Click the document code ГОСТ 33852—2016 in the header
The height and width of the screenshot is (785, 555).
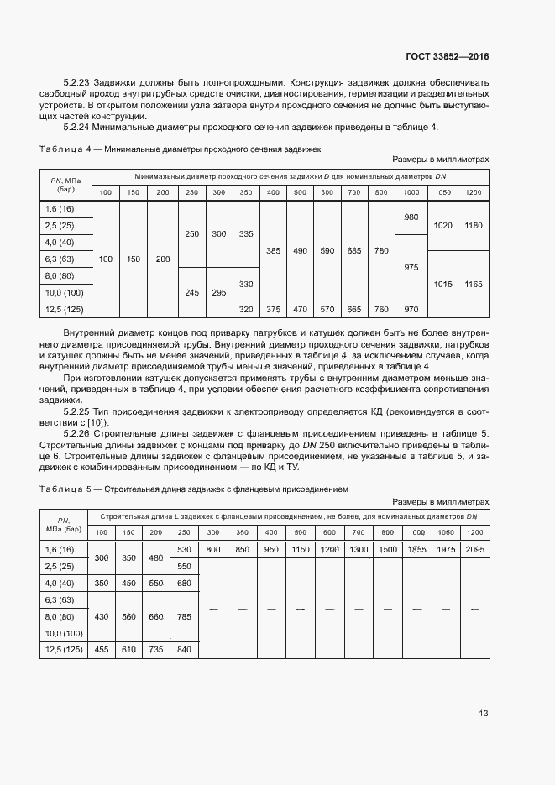coord(447,57)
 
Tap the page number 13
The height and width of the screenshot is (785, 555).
coord(484,713)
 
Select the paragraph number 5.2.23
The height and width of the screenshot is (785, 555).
coord(78,82)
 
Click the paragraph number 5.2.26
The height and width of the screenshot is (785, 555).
coord(78,433)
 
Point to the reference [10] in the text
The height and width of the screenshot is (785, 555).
coord(98,422)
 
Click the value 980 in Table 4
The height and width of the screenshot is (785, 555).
coord(411,217)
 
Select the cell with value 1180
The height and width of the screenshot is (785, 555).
coord(473,226)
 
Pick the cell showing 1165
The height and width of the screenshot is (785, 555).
coord(473,285)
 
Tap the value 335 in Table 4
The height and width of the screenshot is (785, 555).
coord(246,234)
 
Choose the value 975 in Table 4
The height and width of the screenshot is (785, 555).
coord(411,267)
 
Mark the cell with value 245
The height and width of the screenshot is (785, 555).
coord(191,292)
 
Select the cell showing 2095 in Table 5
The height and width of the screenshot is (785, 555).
coord(474,549)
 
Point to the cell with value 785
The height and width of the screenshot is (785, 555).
coord(185,616)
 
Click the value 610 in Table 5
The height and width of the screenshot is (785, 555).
coord(128,649)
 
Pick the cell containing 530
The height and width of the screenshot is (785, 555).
coord(185,549)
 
